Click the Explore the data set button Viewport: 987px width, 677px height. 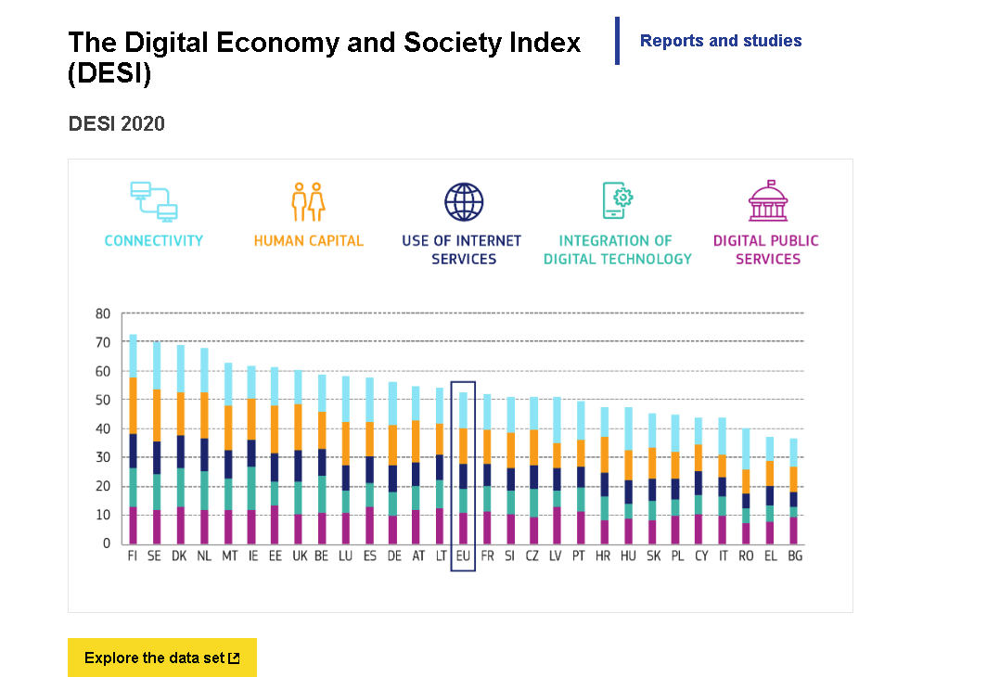click(161, 658)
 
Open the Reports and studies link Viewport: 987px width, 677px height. click(721, 41)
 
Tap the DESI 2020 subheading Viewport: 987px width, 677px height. click(117, 123)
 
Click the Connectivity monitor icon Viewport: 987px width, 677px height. click(153, 201)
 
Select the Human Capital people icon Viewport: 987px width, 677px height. click(308, 201)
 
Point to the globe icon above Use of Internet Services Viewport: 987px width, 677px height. click(464, 201)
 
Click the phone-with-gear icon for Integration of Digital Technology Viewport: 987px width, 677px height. click(617, 201)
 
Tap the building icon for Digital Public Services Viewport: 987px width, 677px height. click(767, 201)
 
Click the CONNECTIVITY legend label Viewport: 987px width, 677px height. click(153, 241)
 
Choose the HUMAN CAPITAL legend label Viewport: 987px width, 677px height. click(308, 241)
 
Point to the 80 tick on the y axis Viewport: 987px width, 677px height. click(102, 313)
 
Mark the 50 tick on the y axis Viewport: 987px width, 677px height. click(102, 400)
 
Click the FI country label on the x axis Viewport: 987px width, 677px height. click(133, 556)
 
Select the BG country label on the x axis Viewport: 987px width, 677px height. click(794, 556)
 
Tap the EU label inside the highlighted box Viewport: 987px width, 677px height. click(463, 556)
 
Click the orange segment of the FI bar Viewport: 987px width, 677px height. click(133, 405)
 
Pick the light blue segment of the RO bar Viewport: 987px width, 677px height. click(746, 449)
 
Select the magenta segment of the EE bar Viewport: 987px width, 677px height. click(274, 525)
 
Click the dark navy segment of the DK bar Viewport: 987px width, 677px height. click(180, 452)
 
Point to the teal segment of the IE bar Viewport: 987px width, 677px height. click(251, 488)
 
